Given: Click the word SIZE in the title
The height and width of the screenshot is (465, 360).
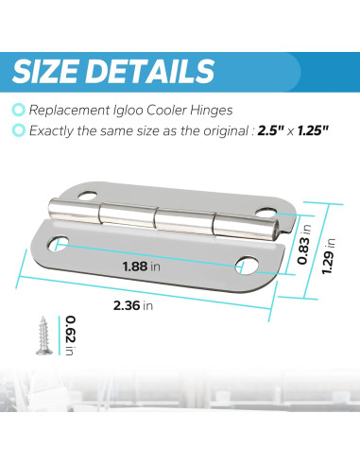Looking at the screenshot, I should coord(64,71).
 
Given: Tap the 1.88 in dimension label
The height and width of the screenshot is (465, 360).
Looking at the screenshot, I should coord(142,267).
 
